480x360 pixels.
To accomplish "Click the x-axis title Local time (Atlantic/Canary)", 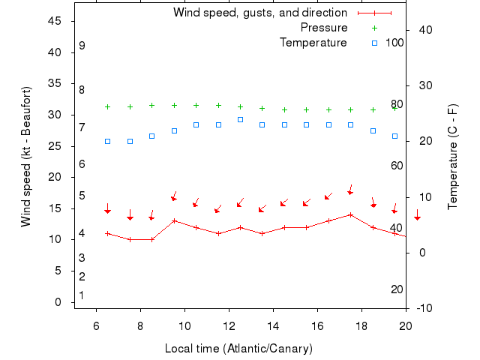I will [238, 349].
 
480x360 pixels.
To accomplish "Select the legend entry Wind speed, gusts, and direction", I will [259, 13].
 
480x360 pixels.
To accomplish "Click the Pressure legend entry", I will [324, 28].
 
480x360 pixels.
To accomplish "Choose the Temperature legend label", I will [313, 43].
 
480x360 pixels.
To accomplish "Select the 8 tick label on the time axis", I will [140, 325].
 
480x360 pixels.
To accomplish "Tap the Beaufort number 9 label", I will [82, 46].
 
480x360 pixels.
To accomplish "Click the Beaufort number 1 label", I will [82, 295].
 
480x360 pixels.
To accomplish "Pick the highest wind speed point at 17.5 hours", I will [350, 214].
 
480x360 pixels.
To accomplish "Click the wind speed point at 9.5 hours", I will [174, 220].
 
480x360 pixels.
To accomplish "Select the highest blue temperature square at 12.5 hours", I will [240, 119].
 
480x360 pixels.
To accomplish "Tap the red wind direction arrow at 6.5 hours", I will [107, 209].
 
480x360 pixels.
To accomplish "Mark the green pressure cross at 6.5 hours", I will [107, 106].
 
